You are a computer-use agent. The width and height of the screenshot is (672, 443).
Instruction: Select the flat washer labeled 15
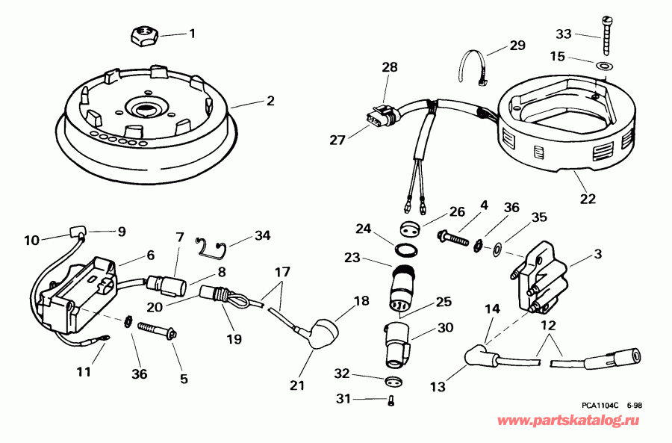point(603,66)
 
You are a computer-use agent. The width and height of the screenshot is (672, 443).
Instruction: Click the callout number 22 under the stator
point(588,199)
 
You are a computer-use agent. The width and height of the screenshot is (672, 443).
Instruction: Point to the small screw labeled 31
point(392,400)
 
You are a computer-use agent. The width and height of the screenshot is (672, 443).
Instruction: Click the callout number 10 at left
point(31,241)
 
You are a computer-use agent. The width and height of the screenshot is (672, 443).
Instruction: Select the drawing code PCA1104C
point(600,406)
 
